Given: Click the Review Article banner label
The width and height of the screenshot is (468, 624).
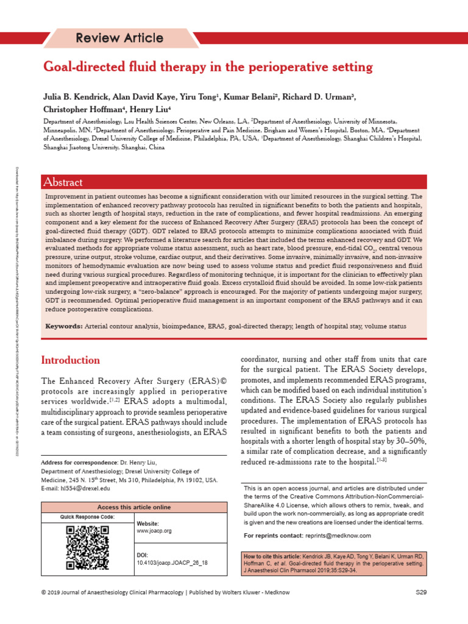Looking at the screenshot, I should [x=119, y=38].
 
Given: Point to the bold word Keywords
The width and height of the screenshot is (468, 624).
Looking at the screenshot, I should [x=65, y=327].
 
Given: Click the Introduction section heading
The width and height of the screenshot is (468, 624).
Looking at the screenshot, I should [x=70, y=360].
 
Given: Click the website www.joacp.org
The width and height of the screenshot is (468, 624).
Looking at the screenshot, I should [x=154, y=531].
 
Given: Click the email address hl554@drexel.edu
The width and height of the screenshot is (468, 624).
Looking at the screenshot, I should [x=84, y=488].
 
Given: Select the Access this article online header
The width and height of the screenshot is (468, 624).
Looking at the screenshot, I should [x=134, y=507].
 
